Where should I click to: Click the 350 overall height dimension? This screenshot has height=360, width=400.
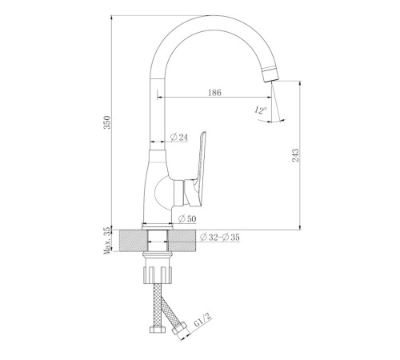107,122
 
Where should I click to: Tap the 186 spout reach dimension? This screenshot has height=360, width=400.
214,93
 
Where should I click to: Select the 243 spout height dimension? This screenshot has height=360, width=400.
295,155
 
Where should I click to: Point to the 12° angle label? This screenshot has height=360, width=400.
261,110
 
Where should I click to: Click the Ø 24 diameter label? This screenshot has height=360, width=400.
179,137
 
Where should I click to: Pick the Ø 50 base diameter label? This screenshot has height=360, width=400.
187,219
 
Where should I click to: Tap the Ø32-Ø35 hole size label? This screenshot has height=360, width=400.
220,237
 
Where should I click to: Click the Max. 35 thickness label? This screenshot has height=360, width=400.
107,241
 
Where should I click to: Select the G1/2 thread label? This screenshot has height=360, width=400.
202,319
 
